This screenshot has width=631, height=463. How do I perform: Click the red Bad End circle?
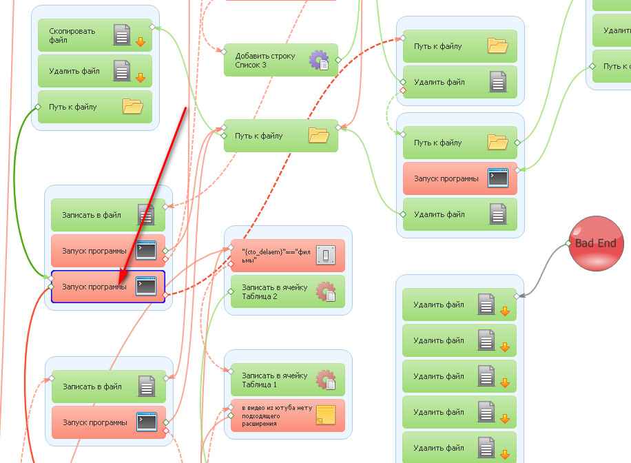pos(596,243)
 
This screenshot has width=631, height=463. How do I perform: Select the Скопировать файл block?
pos(94,35)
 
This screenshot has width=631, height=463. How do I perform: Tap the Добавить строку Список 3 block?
pos(280,60)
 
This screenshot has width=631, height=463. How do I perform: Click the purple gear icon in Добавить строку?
pos(319,60)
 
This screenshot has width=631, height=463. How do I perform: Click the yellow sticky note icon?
pos(325,415)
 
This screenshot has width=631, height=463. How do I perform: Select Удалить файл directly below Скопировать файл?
pos(94,71)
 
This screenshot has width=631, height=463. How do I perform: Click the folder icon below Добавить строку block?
pos(318,135)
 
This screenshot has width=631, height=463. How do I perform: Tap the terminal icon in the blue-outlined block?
pos(145,286)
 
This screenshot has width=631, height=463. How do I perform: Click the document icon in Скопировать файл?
pos(122,34)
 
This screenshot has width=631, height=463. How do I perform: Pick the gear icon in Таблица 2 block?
pos(325,292)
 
